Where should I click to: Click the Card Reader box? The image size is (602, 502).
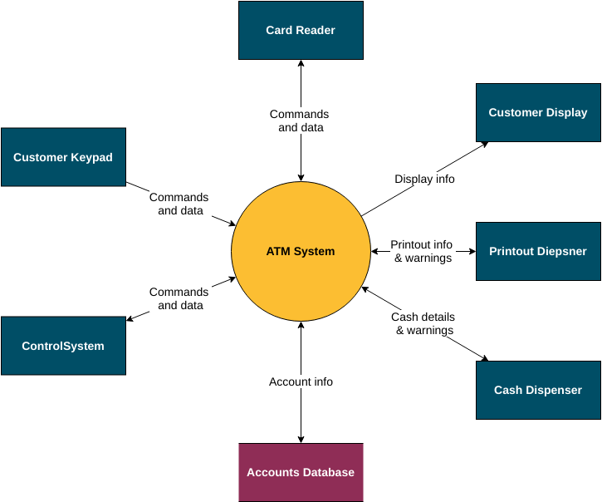[x=301, y=31]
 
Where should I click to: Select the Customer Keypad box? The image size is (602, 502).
[x=63, y=157]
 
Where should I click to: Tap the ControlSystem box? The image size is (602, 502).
[x=63, y=346]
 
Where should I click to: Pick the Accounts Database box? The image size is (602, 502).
[x=301, y=472]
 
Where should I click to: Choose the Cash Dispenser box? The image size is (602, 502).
[x=538, y=390]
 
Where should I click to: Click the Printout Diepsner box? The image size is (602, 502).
[x=538, y=251]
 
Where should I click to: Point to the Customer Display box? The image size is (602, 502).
[x=538, y=112]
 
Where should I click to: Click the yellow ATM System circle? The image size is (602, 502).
[x=301, y=251]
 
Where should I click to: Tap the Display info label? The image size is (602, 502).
[x=424, y=179]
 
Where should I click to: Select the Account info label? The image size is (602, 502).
[x=301, y=381]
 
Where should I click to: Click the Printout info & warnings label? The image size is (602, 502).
[x=423, y=251]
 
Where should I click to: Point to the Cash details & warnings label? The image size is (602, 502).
[x=423, y=323]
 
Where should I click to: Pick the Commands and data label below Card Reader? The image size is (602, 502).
[x=300, y=121]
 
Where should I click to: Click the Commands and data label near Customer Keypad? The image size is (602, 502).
[x=179, y=204]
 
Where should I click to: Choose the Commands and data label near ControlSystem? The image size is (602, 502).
[x=179, y=298]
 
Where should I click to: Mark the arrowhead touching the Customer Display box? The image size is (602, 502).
[x=484, y=144]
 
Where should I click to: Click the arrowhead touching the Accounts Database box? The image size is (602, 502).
[x=301, y=439]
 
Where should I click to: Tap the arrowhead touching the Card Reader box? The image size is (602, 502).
[x=301, y=64]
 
